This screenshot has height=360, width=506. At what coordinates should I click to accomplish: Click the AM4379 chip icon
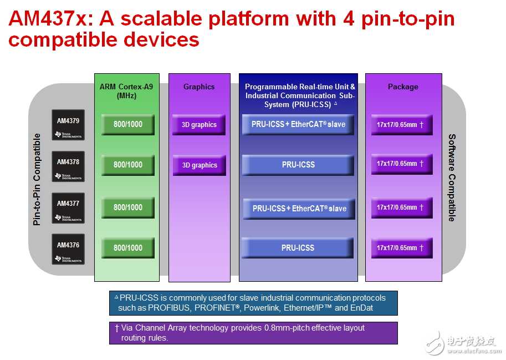pyautogui.click(x=68, y=125)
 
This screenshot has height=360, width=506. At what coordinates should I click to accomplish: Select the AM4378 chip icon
pyautogui.click(x=68, y=166)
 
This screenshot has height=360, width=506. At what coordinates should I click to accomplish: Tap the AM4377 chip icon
pyautogui.click(x=68, y=208)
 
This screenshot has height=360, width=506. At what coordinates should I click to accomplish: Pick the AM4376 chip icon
pyautogui.click(x=68, y=249)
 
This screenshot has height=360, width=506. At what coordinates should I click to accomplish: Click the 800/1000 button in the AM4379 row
pyautogui.click(x=128, y=124)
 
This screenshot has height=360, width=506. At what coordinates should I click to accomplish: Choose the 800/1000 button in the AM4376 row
pyautogui.click(x=128, y=248)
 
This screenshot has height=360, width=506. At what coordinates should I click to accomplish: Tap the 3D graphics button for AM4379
pyautogui.click(x=199, y=125)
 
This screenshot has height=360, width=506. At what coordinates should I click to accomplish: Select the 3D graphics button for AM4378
pyautogui.click(x=200, y=165)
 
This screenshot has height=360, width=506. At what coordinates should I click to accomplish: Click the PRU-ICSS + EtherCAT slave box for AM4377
pyautogui.click(x=299, y=209)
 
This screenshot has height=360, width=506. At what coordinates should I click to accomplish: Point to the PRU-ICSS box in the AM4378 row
pyautogui.click(x=298, y=165)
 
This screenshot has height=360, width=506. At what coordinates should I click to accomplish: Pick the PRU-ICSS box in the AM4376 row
pyautogui.click(x=298, y=248)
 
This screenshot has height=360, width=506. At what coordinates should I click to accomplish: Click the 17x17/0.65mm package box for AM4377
pyautogui.click(x=402, y=207)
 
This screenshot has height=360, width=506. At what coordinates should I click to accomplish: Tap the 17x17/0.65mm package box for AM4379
pyautogui.click(x=402, y=125)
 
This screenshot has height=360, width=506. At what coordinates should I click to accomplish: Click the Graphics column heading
pyautogui.click(x=199, y=87)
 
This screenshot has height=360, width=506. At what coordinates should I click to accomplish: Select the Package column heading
pyautogui.click(x=403, y=87)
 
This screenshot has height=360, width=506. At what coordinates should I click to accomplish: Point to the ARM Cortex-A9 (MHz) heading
pyautogui.click(x=126, y=91)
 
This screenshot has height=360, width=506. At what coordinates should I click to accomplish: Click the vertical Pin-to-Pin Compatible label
pyautogui.click(x=37, y=180)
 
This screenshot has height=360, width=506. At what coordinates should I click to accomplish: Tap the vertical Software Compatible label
pyautogui.click(x=452, y=178)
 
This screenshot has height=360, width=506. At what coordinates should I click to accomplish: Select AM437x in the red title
pyautogui.click(x=48, y=18)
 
